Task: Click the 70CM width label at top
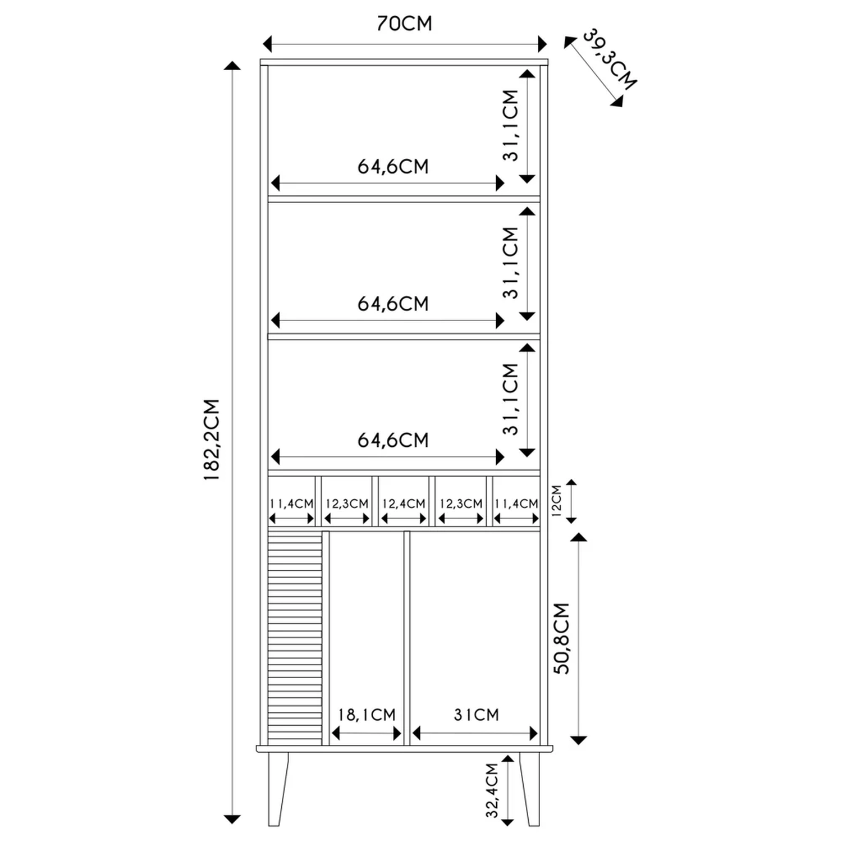404,24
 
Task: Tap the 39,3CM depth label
610,59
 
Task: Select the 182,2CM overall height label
212,440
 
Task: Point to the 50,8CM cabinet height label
561,638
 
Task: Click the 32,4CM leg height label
492,790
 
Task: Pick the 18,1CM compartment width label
367,715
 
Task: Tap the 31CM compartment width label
476,715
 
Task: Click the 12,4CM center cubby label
404,504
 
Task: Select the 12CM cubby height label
556,501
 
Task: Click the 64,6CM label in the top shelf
393,166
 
